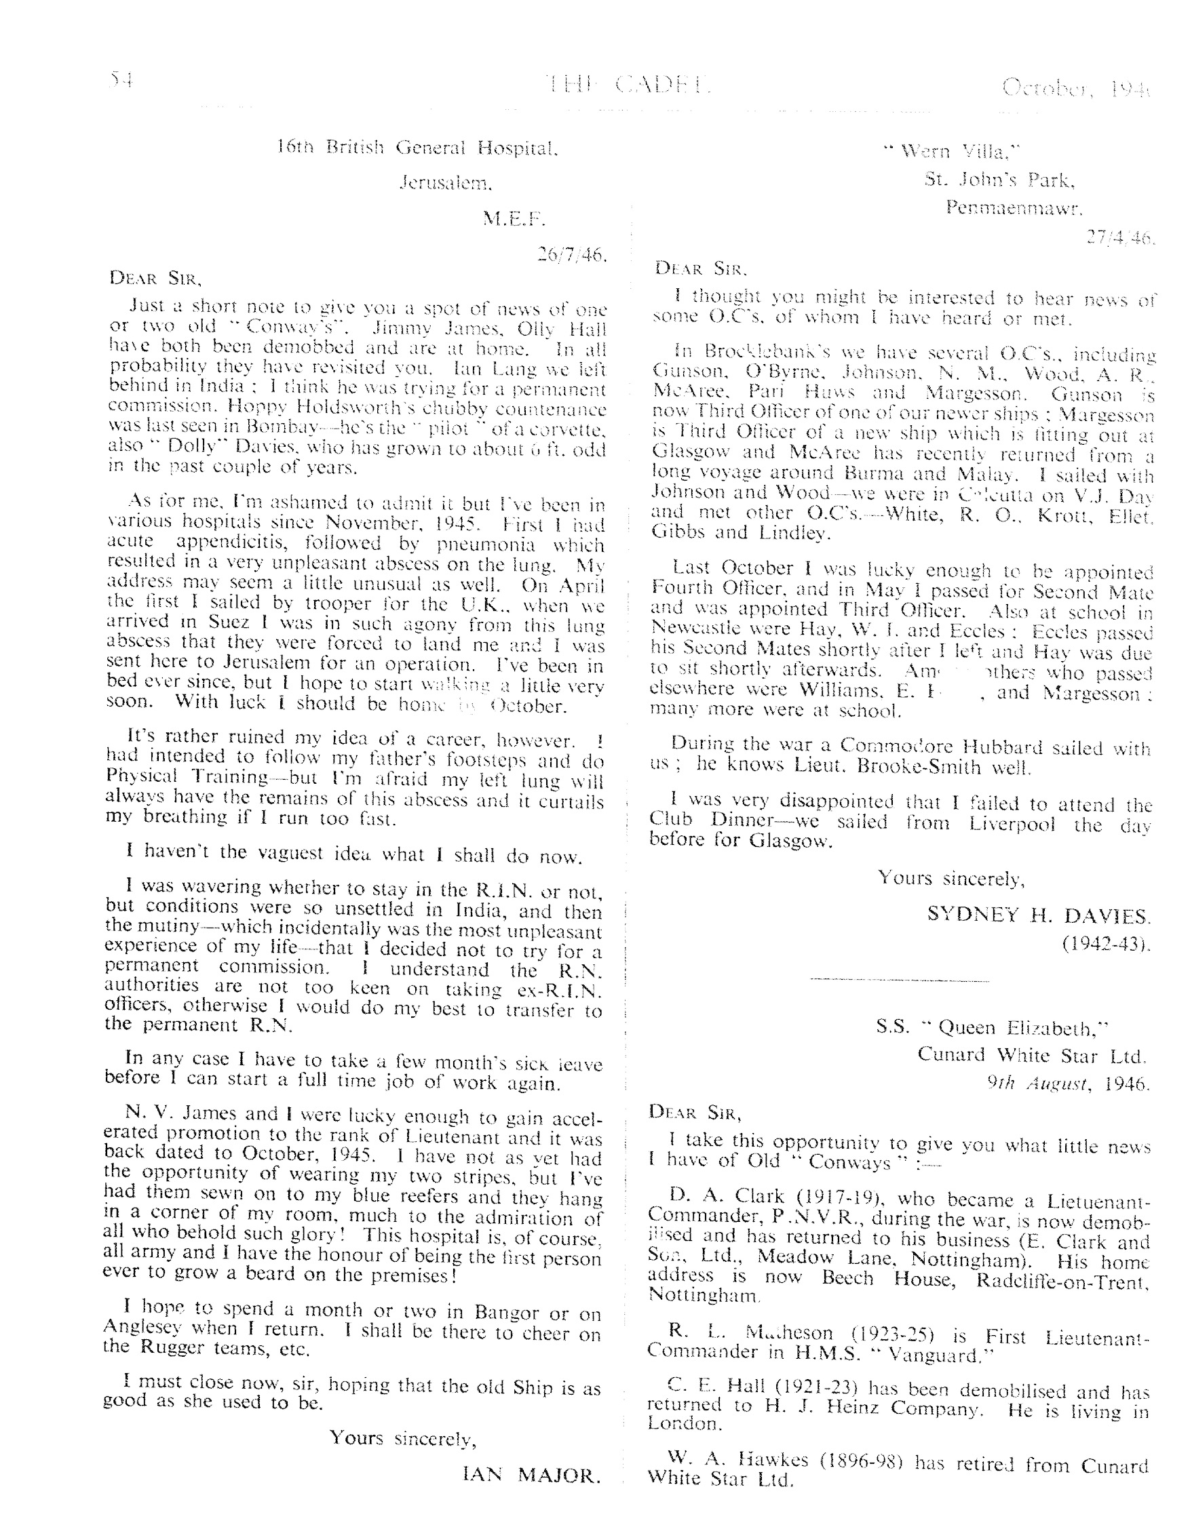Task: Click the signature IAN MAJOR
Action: (531, 1475)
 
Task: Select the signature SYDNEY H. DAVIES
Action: (1038, 915)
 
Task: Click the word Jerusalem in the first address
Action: (446, 183)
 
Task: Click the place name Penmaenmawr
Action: (1014, 207)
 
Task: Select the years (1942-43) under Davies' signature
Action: (1106, 945)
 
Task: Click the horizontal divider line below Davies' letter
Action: (899, 980)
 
